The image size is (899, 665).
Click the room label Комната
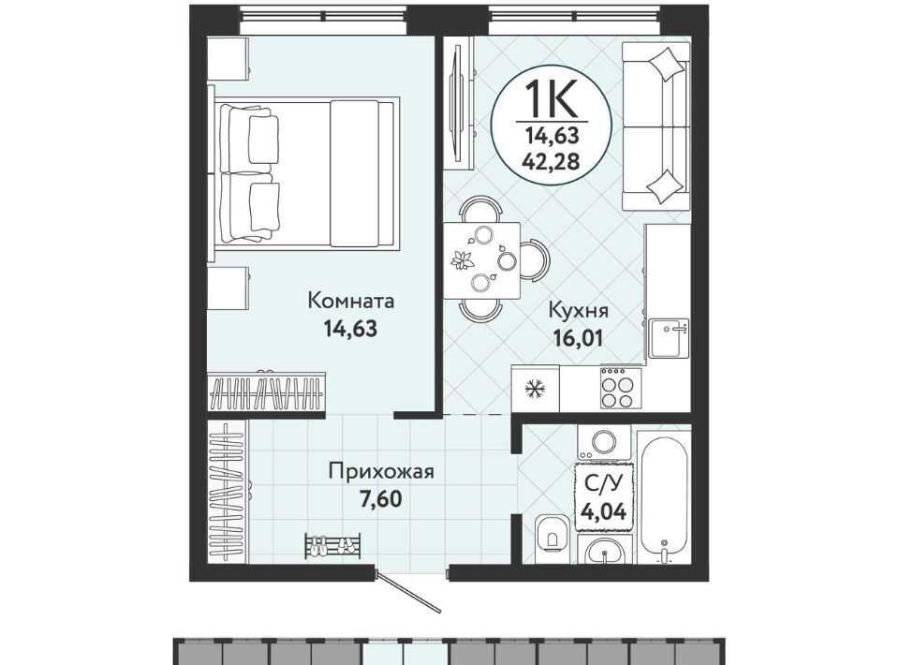point(351,301)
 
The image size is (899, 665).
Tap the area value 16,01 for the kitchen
point(578,338)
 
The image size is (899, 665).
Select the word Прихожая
point(381,472)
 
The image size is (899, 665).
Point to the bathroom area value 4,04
point(603,510)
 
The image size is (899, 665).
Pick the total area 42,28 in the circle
point(551,160)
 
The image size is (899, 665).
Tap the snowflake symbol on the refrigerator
point(535,390)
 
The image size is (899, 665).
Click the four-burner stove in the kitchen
point(617,388)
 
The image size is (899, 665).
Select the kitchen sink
point(669,338)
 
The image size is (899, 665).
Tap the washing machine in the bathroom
point(604,441)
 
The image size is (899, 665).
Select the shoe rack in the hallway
point(333,544)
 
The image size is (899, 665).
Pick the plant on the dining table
point(463,259)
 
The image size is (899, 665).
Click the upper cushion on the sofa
point(665,65)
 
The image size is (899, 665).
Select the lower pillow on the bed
point(264,206)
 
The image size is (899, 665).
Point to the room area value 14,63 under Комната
point(350,329)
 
